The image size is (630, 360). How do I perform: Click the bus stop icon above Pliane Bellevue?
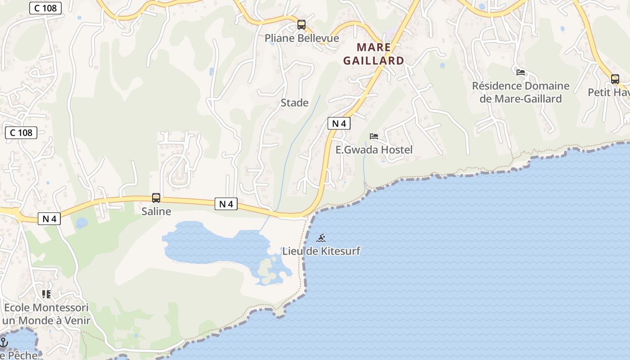301,25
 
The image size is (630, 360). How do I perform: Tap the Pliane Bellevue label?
301,38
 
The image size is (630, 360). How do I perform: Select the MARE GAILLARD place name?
373,54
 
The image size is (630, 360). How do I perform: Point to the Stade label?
295,103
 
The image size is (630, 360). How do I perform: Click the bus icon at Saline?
156,198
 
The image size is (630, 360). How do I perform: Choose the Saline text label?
156,211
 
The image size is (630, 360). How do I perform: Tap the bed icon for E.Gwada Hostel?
374,136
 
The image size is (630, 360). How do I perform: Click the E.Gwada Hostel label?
374,150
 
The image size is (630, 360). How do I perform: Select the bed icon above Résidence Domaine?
521,72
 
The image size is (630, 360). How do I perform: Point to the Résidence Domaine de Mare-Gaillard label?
521,92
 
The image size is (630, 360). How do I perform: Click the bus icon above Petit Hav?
615,79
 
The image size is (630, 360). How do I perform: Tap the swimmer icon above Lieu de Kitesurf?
321,238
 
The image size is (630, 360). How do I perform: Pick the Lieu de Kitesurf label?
321,251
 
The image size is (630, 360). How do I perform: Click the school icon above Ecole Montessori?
46,294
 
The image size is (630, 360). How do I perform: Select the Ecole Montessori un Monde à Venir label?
46,314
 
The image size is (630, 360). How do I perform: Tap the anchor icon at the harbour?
4,342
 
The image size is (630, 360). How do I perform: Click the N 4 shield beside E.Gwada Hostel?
339,123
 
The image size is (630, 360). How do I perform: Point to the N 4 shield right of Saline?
226,204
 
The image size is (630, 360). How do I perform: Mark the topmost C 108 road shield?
45,8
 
